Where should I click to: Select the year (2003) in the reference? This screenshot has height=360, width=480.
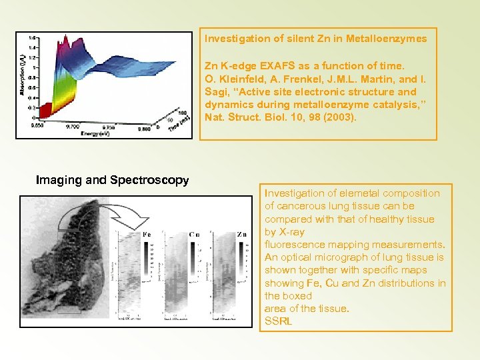click(x=343, y=117)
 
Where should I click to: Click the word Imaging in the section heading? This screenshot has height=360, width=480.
click(x=57, y=180)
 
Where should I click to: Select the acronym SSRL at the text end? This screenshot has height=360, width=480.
click(x=279, y=321)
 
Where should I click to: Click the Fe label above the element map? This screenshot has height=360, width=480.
click(x=147, y=235)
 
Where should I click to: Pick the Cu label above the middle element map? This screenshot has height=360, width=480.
click(x=194, y=235)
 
